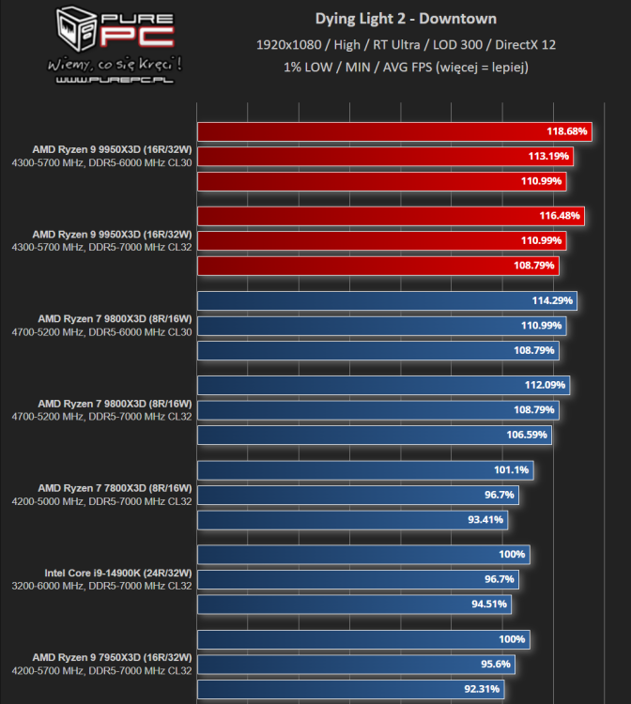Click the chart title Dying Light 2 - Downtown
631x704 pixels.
pos(405,19)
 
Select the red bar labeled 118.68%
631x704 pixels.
pos(394,131)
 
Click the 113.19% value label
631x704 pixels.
pos(548,156)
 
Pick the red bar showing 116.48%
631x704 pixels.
pos(390,216)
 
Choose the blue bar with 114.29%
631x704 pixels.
pos(386,301)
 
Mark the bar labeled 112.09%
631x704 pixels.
pos(383,386)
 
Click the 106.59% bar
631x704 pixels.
pos(374,435)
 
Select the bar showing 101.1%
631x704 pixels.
pos(365,470)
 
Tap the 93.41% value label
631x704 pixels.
pos(492,519)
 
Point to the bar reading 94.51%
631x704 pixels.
pos(353,604)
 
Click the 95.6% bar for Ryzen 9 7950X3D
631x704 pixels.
pos(355,664)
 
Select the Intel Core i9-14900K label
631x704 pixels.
pos(117,573)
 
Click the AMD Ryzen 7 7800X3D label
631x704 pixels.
pos(114,488)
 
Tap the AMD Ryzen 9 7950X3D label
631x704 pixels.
pos(112,657)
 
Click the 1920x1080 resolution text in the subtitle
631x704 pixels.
pos(288,44)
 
